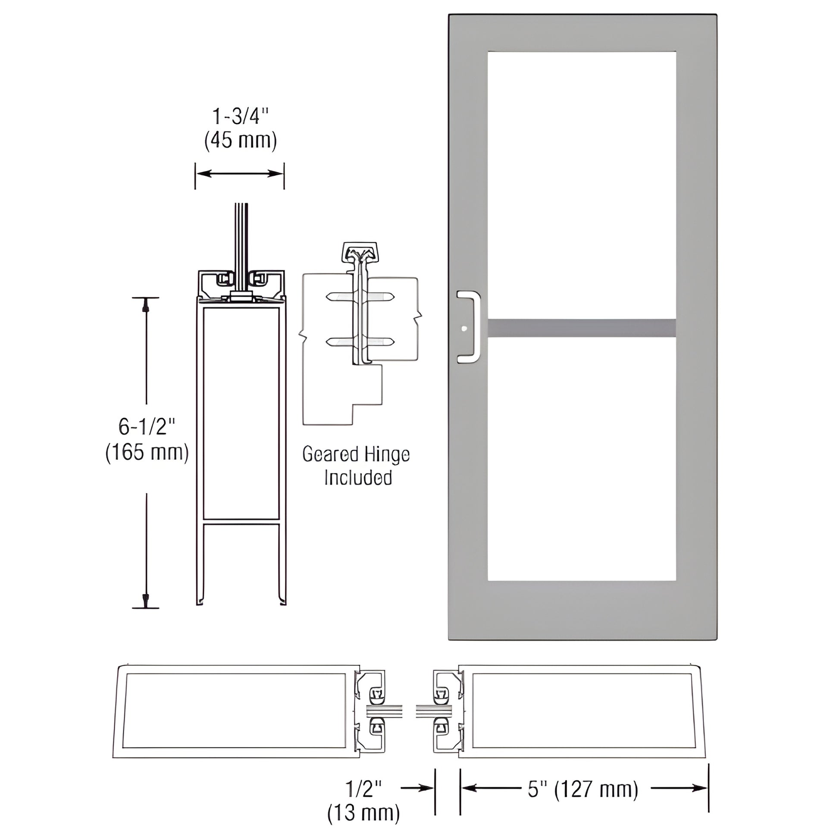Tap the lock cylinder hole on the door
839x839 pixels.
click(464, 329)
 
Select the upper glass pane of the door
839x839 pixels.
click(582, 185)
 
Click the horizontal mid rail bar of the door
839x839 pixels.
click(582, 328)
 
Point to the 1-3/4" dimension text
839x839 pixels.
click(240, 116)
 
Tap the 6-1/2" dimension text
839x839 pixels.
click(146, 427)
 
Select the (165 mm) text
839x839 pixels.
click(147, 453)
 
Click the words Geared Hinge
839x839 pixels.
click(356, 454)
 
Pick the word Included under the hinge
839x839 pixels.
click(358, 477)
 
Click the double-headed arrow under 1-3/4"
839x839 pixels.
click(239, 174)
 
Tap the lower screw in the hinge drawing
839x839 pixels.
click(360, 342)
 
